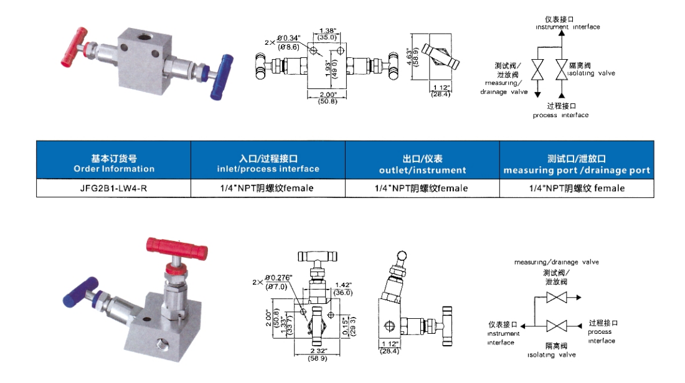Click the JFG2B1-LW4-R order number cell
(x=113, y=188)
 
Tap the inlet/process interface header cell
(x=268, y=160)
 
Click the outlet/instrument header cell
(x=422, y=160)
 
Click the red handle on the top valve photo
(x=74, y=47)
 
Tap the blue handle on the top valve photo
(x=222, y=77)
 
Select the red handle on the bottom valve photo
(x=177, y=248)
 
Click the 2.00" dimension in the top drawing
(x=328, y=94)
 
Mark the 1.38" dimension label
(x=328, y=31)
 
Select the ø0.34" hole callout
(x=289, y=39)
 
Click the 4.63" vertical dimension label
(x=409, y=57)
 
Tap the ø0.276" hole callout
(x=278, y=278)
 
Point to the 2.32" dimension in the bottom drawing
(x=318, y=351)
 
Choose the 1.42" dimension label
(x=343, y=285)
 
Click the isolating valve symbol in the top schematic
(x=562, y=69)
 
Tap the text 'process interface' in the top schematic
(x=560, y=115)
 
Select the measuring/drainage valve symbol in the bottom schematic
(x=557, y=298)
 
